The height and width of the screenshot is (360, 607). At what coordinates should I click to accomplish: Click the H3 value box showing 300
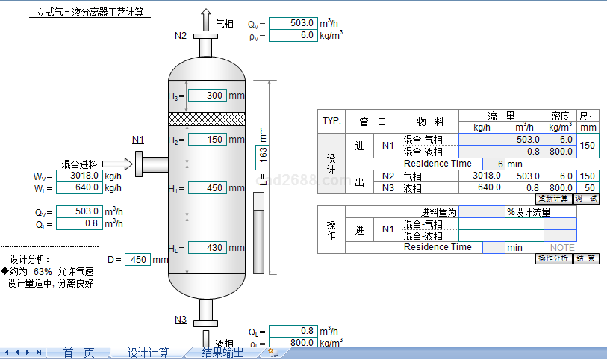[207, 96]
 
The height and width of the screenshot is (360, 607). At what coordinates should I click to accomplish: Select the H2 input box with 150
[207, 140]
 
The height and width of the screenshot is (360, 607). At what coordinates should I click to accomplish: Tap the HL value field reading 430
[207, 248]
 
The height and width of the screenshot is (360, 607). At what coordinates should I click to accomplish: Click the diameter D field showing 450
[138, 260]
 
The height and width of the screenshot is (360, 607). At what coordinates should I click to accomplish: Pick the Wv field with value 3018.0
[78, 176]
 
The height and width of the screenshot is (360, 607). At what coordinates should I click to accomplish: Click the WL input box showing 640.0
[78, 187]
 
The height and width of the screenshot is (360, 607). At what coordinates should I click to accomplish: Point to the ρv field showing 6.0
[293, 36]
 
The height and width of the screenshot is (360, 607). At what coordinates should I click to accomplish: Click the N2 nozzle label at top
[181, 36]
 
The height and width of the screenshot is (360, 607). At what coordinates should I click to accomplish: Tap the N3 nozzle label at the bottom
[181, 320]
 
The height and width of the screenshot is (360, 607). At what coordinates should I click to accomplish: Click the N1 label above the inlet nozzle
[138, 140]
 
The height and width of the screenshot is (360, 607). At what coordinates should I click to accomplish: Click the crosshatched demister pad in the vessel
[207, 119]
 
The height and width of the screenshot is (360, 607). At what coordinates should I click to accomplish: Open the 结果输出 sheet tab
[222, 353]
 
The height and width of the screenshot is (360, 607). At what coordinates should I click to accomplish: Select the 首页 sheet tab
[78, 353]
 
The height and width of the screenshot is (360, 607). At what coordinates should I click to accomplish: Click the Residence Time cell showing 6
[493, 164]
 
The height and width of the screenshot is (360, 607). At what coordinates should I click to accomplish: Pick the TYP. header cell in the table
[331, 121]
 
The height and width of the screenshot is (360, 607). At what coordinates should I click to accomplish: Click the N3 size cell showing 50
[588, 187]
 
